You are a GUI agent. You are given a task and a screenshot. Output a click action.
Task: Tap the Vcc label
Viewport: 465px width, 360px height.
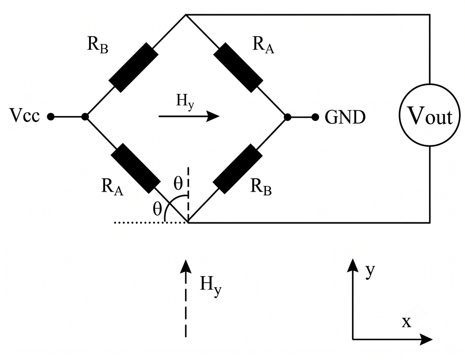tap(25, 116)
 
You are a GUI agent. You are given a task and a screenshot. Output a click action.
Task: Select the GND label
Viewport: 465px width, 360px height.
tap(345, 117)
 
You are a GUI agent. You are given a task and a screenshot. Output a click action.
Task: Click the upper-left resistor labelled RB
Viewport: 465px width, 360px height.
tap(134, 67)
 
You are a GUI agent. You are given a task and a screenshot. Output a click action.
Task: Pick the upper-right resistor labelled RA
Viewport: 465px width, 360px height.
tap(238, 67)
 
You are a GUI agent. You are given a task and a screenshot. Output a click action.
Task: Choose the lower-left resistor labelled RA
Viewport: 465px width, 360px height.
tap(135, 168)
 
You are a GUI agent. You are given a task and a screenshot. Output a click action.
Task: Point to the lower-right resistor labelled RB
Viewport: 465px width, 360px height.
tap(238, 169)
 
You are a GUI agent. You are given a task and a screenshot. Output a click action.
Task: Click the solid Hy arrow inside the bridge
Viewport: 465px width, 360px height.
tap(189, 116)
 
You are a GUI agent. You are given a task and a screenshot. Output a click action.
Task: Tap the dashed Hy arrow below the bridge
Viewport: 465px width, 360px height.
tap(186, 298)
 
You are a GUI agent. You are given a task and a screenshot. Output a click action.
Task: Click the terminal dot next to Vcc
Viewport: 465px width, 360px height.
tap(50, 117)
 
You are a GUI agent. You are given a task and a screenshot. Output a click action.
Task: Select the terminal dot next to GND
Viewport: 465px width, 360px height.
tap(315, 117)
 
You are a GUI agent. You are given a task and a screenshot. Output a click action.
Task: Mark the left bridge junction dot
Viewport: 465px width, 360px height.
tap(85, 117)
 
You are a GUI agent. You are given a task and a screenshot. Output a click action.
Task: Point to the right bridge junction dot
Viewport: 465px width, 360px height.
tap(287, 117)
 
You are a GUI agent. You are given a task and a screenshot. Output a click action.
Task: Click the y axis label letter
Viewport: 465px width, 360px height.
tap(370, 271)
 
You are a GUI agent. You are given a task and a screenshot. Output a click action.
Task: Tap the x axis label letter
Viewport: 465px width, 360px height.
tap(407, 322)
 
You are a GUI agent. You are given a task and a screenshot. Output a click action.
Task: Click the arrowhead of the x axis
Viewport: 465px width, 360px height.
tap(426, 339)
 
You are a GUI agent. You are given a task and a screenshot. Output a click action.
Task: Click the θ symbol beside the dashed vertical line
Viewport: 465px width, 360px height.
tap(178, 183)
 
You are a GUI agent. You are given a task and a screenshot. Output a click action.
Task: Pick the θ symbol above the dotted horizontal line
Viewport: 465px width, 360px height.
tap(157, 209)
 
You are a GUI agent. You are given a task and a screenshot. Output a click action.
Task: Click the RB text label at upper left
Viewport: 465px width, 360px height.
tap(98, 45)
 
